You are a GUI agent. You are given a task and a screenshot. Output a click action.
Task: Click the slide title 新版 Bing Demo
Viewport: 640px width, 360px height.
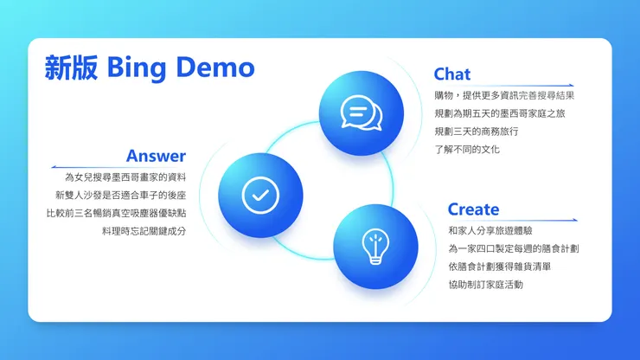[150, 67]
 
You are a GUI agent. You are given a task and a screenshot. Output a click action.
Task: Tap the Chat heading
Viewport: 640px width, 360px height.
[452, 74]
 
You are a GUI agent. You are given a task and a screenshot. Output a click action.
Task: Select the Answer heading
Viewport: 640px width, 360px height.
[156, 156]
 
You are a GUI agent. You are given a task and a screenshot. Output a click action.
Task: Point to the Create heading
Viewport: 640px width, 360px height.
[473, 209]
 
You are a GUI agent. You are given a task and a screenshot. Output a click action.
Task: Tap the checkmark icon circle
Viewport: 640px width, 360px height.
[256, 195]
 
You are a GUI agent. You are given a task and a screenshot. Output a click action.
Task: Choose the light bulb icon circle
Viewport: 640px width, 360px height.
[374, 246]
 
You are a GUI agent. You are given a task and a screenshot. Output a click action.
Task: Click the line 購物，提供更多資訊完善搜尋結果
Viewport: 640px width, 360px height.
[504, 95]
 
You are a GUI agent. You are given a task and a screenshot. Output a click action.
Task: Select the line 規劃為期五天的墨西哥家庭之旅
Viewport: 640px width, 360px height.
[499, 113]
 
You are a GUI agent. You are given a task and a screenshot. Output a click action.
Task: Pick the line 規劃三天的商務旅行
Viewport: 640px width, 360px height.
[476, 132]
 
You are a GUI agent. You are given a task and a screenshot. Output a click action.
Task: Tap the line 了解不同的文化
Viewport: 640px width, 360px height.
[467, 149]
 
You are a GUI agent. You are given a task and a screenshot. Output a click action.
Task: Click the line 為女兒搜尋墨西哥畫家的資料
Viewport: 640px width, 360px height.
[126, 177]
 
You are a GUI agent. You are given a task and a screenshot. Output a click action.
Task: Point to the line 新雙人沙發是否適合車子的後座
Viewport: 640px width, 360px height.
[120, 195]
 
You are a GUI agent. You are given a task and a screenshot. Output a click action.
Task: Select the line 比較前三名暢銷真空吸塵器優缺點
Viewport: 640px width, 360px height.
[116, 213]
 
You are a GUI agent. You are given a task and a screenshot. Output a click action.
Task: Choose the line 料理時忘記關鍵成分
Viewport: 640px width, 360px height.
[144, 231]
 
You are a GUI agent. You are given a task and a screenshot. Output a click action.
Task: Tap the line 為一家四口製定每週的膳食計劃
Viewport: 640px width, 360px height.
[514, 248]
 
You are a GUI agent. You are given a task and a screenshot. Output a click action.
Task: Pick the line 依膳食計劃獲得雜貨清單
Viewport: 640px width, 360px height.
[499, 267]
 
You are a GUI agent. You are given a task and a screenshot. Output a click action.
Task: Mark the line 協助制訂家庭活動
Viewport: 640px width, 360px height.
[485, 284]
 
